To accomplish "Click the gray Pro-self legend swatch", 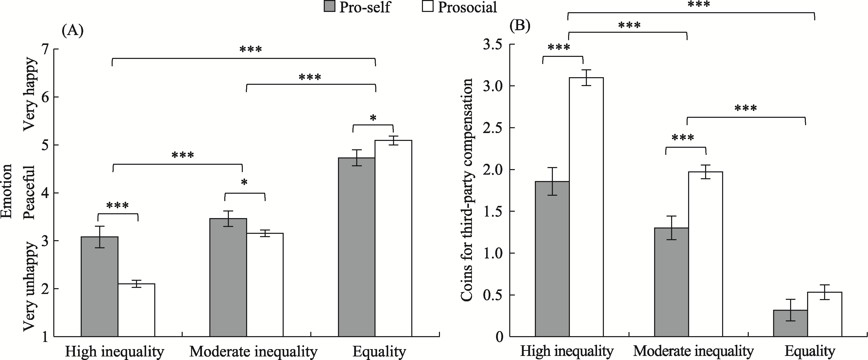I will click(329, 7).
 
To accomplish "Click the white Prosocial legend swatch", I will click(428, 7).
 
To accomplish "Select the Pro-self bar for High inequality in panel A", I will click(100, 287).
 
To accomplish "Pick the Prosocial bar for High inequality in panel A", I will click(137, 310).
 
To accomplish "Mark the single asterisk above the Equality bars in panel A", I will click(373, 118).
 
